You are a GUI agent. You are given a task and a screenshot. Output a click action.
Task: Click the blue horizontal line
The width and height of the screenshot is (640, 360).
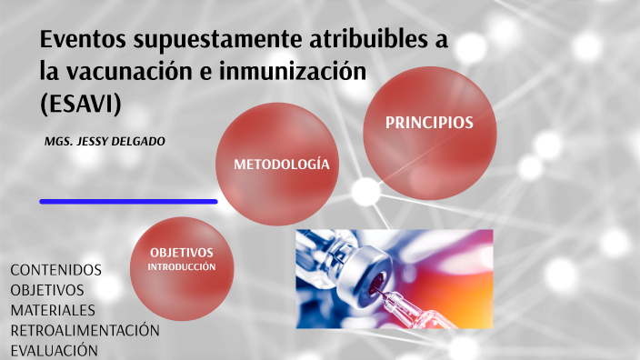point(128,201)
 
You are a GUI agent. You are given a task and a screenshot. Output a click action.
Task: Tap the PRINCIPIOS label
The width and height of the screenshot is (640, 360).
point(429,123)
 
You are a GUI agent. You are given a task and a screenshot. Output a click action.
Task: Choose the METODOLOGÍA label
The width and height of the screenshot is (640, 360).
point(281,165)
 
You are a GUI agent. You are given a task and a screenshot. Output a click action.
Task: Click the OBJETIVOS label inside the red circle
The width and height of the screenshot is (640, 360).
point(182,252)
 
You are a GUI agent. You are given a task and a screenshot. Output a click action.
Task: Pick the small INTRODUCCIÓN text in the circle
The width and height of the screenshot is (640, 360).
point(182,266)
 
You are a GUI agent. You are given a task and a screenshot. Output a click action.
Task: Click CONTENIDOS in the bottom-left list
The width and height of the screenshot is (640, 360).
point(56,270)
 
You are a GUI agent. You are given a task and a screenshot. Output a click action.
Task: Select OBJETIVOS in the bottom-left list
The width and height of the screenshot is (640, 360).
point(47,290)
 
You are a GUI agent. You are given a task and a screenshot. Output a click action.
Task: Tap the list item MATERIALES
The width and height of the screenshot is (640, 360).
point(53,310)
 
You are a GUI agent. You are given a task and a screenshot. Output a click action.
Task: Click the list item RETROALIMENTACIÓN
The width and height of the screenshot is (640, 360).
point(85,330)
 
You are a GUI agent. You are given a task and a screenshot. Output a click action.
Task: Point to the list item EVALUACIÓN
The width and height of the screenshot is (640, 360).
point(54,350)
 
